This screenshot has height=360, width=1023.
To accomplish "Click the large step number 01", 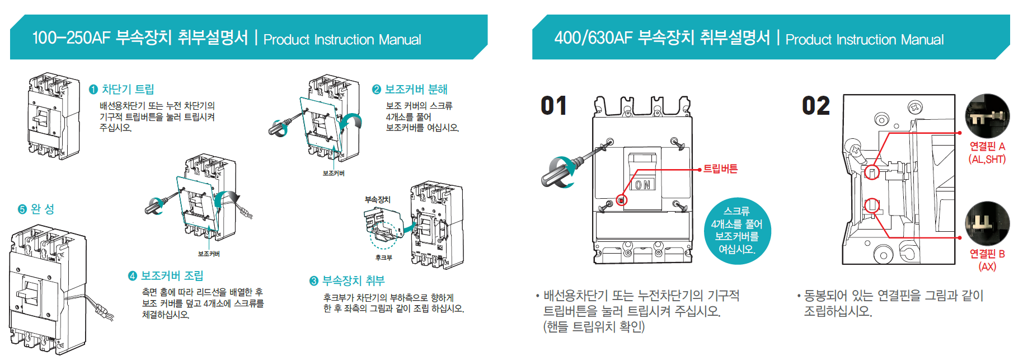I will point(553,106).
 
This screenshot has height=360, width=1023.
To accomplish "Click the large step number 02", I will point(815,106).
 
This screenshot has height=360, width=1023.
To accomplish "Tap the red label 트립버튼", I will point(720,169).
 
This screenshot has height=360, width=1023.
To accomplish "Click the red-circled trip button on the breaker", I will point(621,199).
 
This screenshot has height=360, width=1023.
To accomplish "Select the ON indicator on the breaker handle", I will point(643,185).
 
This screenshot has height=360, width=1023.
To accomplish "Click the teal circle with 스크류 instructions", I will point(737,230).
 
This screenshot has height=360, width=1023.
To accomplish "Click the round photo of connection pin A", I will point(987,116).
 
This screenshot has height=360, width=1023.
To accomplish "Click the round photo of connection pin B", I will point(987,223).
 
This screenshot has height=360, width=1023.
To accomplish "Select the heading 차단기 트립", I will point(127,90).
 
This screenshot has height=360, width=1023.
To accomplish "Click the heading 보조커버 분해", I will point(415,90).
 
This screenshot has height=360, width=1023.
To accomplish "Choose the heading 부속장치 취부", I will point(353,281).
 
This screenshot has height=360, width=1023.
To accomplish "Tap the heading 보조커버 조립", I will point(171,276).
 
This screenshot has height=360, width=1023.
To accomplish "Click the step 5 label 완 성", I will point(42,209).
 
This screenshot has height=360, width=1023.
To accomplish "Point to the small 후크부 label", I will point(384,258).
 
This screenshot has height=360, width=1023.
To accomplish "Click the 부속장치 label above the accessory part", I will point(378,200).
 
